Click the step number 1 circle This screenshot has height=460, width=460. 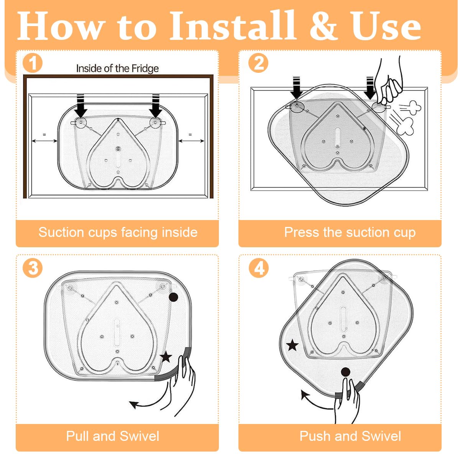pos(33,63)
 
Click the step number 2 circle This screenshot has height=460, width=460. pos(258,63)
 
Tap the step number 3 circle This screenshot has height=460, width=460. pos(33,268)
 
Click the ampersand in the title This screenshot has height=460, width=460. pos(324,26)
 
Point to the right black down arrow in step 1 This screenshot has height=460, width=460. pos(156,106)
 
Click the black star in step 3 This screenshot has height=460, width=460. pos(166,357)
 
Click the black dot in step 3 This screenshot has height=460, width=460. pos(173,297)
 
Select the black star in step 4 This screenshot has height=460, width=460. pos(292,345)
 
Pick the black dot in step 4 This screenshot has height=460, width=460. pos(345,372)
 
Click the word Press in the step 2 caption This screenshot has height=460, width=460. pos(302,232)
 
